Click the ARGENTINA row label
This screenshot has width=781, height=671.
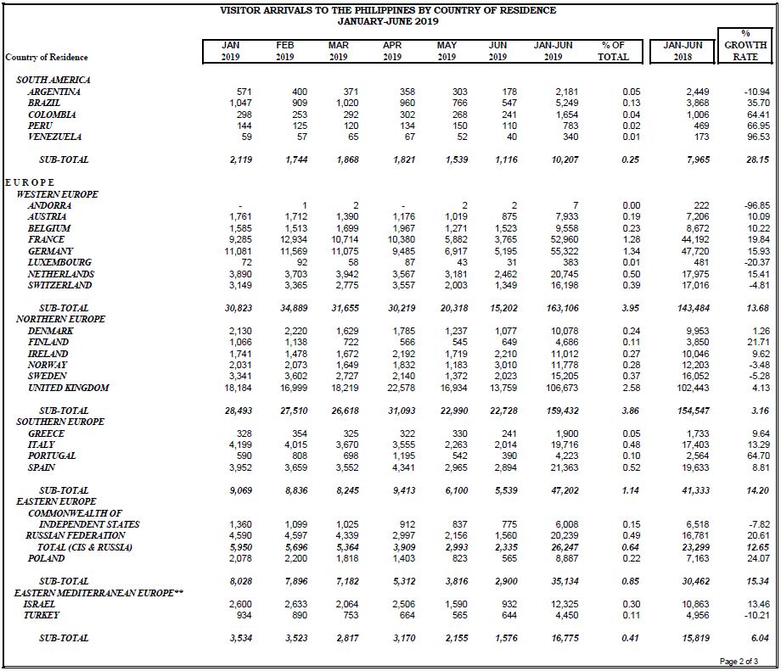53,92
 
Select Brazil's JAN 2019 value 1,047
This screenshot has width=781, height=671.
240,103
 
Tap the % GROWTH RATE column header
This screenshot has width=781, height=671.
745,45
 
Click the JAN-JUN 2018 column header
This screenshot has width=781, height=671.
683,51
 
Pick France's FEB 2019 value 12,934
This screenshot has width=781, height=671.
294,239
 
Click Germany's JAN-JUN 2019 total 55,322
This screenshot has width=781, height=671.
565,251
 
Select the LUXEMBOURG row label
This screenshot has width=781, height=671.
59,262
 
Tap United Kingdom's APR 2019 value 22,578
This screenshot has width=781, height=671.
401,388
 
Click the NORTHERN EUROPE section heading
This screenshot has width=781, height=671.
60,319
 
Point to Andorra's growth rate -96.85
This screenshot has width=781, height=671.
756,205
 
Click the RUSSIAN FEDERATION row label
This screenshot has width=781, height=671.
76,535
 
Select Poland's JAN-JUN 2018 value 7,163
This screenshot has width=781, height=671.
697,558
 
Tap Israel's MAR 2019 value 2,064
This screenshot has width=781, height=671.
346,604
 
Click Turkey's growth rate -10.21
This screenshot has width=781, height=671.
757,615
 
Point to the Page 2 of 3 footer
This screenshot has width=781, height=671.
739,662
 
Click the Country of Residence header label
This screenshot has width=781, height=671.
47,57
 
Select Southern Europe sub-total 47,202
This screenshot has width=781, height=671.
565,491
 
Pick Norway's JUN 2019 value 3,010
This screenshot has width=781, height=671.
506,366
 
